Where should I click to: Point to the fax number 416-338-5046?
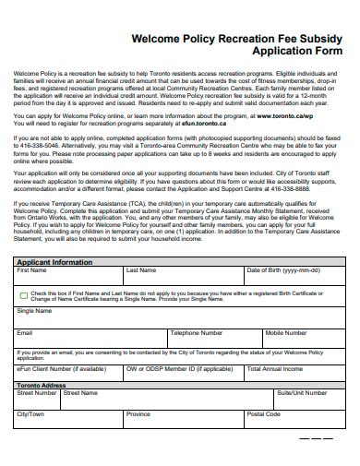[37, 146]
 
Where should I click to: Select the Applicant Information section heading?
[54, 262]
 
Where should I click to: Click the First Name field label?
[32, 271]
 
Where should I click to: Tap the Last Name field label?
[140, 271]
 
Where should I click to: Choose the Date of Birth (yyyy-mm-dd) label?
[282, 271]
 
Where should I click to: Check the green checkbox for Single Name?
[23, 295]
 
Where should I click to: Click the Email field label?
[25, 333]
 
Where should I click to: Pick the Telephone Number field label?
[197, 333]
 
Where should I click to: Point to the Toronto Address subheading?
[42, 385]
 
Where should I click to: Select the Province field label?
[138, 414]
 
